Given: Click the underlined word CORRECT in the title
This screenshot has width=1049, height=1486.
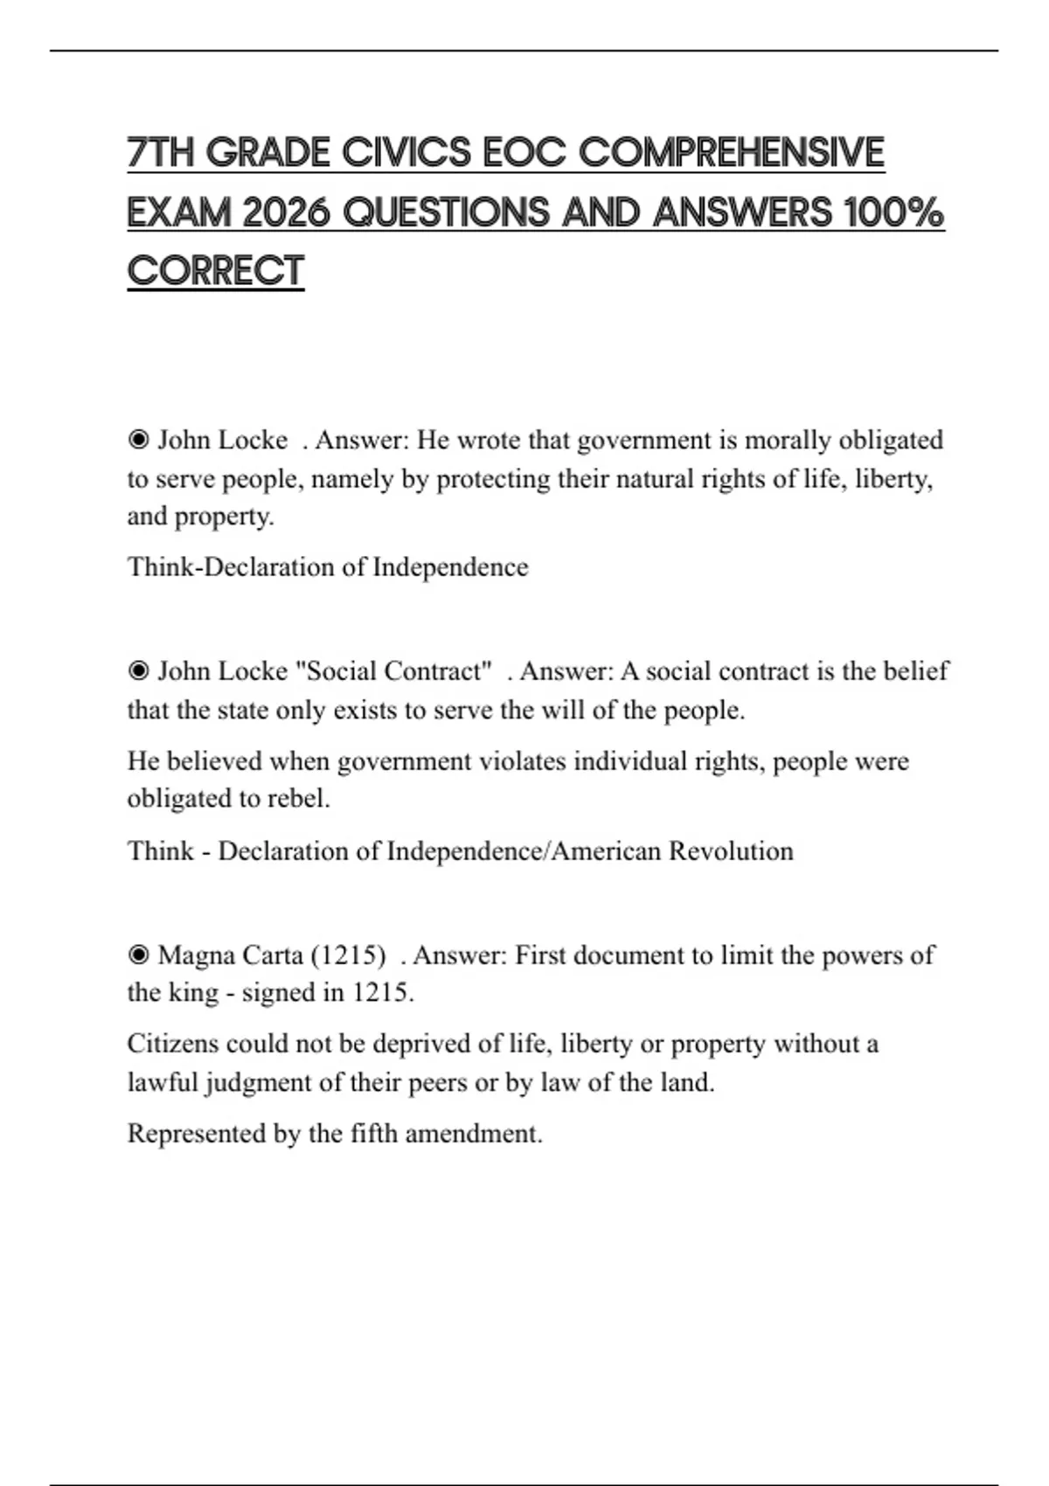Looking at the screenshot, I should tap(215, 271).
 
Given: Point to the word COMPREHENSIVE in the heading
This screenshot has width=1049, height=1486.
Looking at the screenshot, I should tap(731, 153).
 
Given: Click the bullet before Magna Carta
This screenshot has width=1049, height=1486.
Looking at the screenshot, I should tap(138, 955).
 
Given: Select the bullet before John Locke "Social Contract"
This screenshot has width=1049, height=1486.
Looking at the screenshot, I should tap(138, 671).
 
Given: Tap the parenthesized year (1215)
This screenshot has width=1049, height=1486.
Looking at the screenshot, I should tap(348, 955).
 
